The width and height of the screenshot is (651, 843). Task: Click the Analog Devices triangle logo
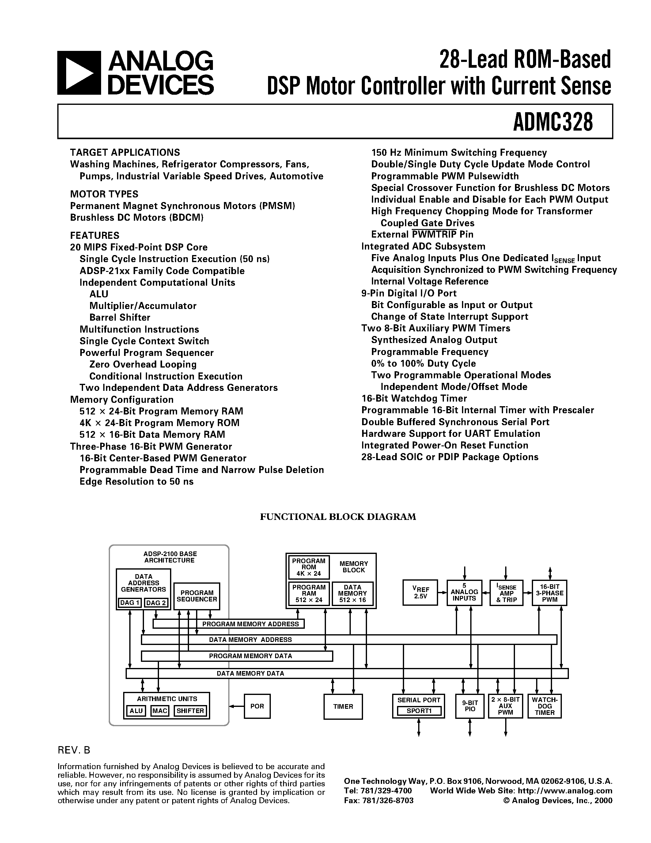(x=79, y=73)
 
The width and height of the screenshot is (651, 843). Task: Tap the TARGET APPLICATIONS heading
(x=125, y=152)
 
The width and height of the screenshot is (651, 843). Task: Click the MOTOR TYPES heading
(x=104, y=194)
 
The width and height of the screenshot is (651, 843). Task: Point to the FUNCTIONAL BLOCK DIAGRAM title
(x=338, y=517)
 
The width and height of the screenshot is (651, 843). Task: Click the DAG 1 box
(x=130, y=603)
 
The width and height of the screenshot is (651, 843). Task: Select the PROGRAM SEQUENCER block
(x=197, y=596)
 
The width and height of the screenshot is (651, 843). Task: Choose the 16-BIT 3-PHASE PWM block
(x=550, y=593)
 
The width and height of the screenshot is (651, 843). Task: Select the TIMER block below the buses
(x=343, y=706)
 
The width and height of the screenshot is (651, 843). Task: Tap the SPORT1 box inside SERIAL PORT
(x=419, y=711)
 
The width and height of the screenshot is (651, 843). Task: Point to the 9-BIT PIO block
(x=470, y=706)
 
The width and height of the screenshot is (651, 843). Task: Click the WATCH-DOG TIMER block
(x=545, y=706)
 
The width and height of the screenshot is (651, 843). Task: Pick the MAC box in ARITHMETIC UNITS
(x=160, y=711)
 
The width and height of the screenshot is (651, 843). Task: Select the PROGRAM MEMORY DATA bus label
(x=250, y=656)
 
